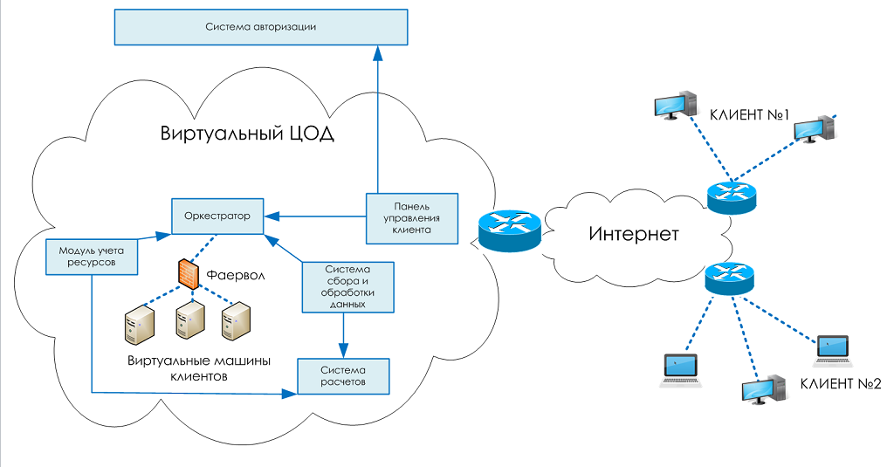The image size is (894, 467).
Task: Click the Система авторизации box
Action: click(x=261, y=27)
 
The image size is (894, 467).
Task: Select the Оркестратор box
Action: click(x=217, y=216)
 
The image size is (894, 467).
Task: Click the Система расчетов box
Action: click(x=342, y=376)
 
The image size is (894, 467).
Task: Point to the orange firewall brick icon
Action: click(x=189, y=275)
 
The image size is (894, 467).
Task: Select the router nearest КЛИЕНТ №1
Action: click(x=730, y=198)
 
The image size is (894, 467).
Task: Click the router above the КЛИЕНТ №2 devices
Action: click(x=728, y=278)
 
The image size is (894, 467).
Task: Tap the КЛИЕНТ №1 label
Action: click(x=749, y=114)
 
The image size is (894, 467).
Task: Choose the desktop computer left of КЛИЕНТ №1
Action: click(x=676, y=105)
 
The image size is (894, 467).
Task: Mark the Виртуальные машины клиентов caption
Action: click(x=199, y=369)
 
